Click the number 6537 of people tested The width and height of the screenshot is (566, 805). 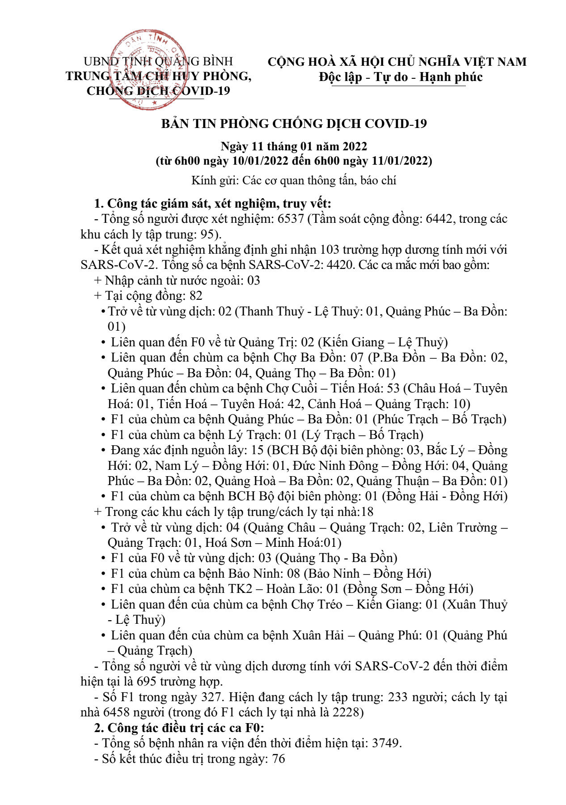(291, 219)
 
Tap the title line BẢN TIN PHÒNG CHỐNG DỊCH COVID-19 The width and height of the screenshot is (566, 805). (294, 124)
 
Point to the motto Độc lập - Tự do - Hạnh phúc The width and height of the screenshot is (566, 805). (401, 77)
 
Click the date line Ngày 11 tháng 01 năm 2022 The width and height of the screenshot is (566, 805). (294, 146)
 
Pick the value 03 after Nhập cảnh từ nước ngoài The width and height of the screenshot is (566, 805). (253, 281)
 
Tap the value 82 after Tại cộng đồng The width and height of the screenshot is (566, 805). (196, 296)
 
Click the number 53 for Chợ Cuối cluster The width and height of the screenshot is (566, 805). (393, 388)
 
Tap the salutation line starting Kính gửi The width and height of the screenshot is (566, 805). (294, 181)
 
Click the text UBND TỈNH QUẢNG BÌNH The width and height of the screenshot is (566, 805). (158, 61)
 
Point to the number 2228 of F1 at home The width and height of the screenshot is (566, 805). (347, 712)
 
